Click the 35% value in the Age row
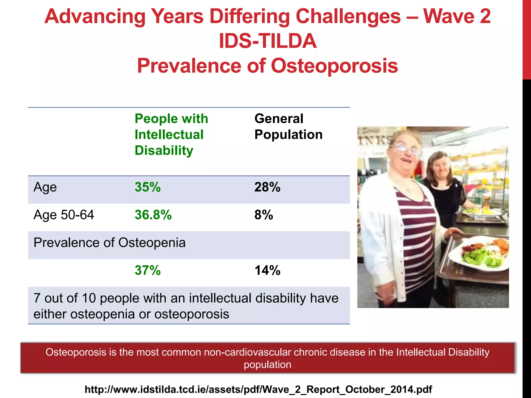148,187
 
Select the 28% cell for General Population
267,187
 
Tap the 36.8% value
153,215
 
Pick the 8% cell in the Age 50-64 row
264,215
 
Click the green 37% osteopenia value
148,270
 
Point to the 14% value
267,270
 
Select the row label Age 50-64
64,215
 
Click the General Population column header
288,127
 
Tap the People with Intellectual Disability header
171,134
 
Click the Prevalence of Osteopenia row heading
109,243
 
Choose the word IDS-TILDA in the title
268,41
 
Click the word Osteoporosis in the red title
334,66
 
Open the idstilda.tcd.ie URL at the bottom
258,389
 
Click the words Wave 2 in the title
457,16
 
